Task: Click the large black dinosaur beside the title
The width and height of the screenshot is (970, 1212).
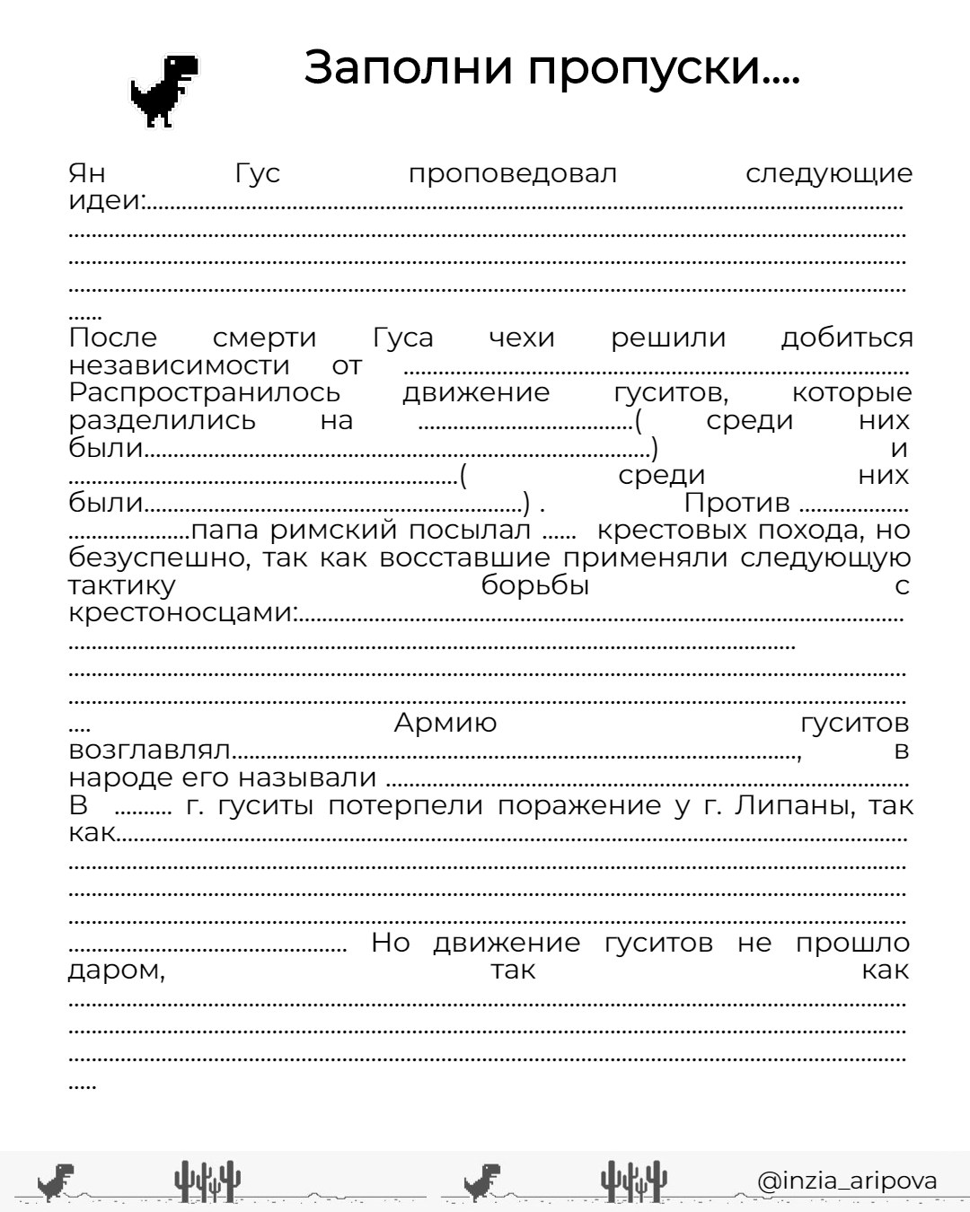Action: [164, 91]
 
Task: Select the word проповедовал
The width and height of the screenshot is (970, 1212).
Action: [512, 174]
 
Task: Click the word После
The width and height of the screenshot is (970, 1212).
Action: [113, 338]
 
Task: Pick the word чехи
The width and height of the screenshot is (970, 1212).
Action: [522, 338]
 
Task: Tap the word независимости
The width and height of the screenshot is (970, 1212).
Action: [180, 365]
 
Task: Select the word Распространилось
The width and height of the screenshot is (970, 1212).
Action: [205, 393]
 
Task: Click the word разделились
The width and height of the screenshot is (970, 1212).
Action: [163, 420]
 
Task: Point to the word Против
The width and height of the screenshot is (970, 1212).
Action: [736, 503]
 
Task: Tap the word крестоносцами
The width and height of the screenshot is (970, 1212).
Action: [181, 613]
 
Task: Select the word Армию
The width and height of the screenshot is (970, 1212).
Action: [445, 723]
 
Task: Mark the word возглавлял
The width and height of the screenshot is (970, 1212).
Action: [150, 751]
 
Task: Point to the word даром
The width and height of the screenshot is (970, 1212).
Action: [117, 970]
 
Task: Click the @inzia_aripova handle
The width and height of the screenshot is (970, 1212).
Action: [846, 1181]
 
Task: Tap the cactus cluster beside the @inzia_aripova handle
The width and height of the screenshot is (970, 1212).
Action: [634, 1181]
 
